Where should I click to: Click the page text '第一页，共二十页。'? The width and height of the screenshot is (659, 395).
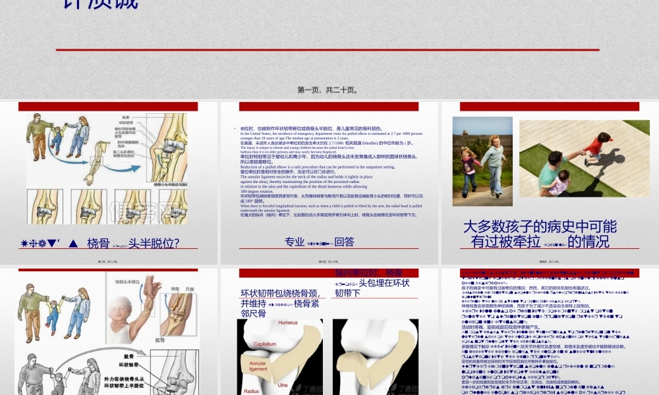tap(328, 90)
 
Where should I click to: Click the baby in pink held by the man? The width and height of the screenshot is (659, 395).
tap(559, 182)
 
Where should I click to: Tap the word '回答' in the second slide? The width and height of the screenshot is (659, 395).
tap(344, 242)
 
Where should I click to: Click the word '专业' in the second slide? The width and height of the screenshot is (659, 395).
tap(295, 242)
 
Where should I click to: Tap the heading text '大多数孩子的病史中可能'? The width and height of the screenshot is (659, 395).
tap(540, 226)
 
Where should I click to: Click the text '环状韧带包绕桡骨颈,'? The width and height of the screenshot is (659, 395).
tap(280, 293)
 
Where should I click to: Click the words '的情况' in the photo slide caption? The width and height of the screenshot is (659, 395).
tap(588, 242)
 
